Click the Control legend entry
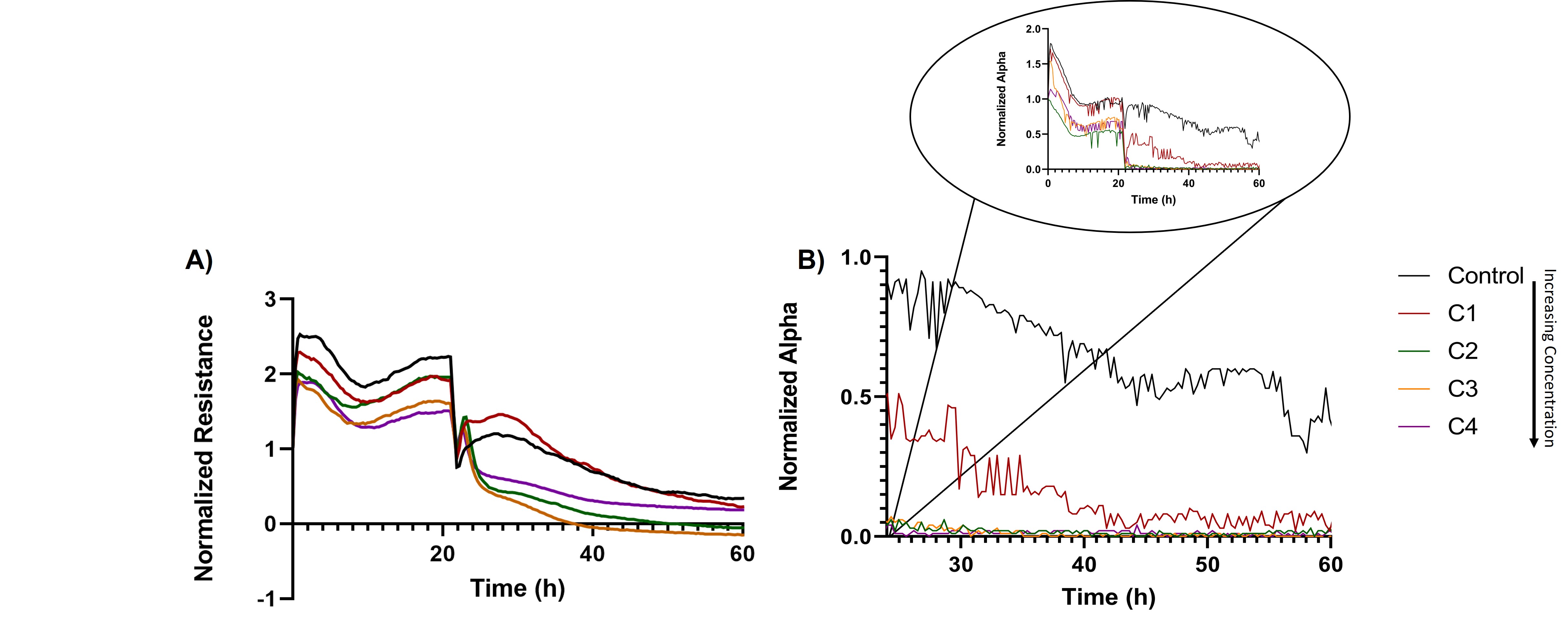point(1485,276)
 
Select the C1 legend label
point(1462,314)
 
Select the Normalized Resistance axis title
point(204,448)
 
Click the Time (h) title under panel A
point(518,588)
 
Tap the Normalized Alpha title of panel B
point(788,397)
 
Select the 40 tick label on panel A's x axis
point(593,554)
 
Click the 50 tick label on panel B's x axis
point(1208,564)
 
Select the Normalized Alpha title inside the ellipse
point(1001,98)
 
